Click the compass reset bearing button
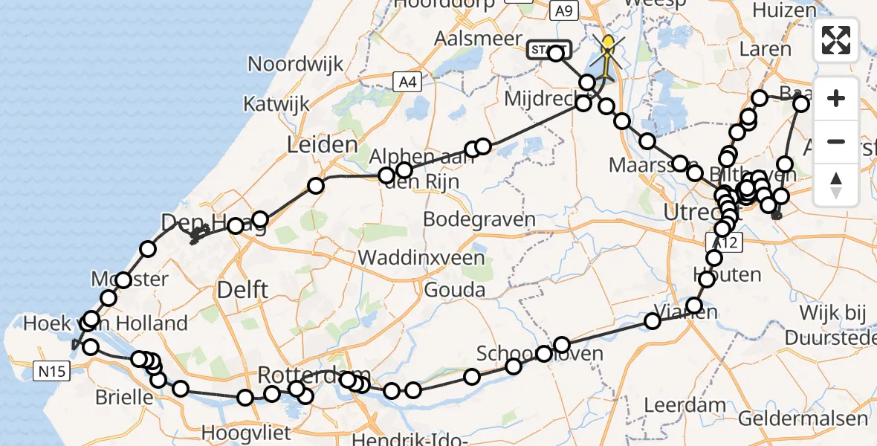coord(836,184)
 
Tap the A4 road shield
coord(407,83)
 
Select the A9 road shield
coord(563,10)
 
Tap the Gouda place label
coord(455,290)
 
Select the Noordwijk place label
coord(296,64)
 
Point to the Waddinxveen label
coord(421,258)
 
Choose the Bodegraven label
coord(479,219)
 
